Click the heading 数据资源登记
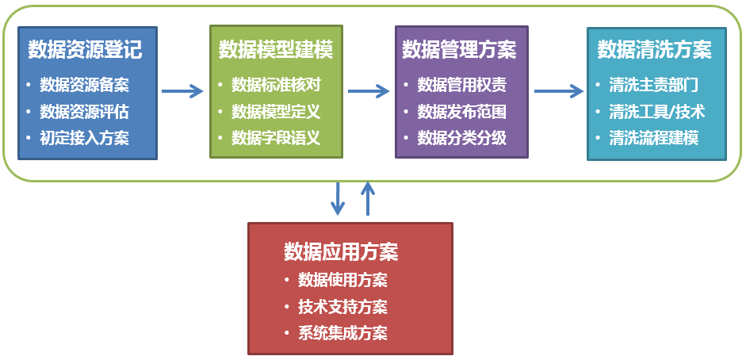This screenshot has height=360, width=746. (x=85, y=50)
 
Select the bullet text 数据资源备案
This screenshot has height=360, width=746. (x=84, y=85)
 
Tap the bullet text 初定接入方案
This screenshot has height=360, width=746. (x=84, y=137)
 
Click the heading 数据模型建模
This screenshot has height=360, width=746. (x=275, y=50)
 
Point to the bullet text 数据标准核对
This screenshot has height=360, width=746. (x=275, y=85)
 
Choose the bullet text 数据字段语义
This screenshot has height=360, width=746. (x=275, y=137)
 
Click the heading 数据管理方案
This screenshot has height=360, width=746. (x=459, y=50)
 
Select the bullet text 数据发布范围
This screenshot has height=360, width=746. (x=461, y=111)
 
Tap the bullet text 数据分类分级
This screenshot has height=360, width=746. (x=461, y=137)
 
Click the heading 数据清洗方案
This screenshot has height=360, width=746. (x=654, y=50)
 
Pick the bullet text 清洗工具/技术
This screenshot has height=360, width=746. (x=656, y=111)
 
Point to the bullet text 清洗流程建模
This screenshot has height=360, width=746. (x=653, y=137)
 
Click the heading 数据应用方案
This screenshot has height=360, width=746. (x=341, y=252)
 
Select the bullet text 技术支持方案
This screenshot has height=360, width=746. (x=342, y=306)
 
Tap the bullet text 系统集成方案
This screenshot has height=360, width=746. (x=342, y=332)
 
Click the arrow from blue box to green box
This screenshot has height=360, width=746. (x=182, y=91)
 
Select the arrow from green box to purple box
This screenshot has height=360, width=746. (x=369, y=91)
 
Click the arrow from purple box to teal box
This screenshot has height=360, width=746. (x=558, y=91)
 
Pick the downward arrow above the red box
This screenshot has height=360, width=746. (x=338, y=198)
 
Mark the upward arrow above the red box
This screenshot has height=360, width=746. (x=367, y=198)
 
